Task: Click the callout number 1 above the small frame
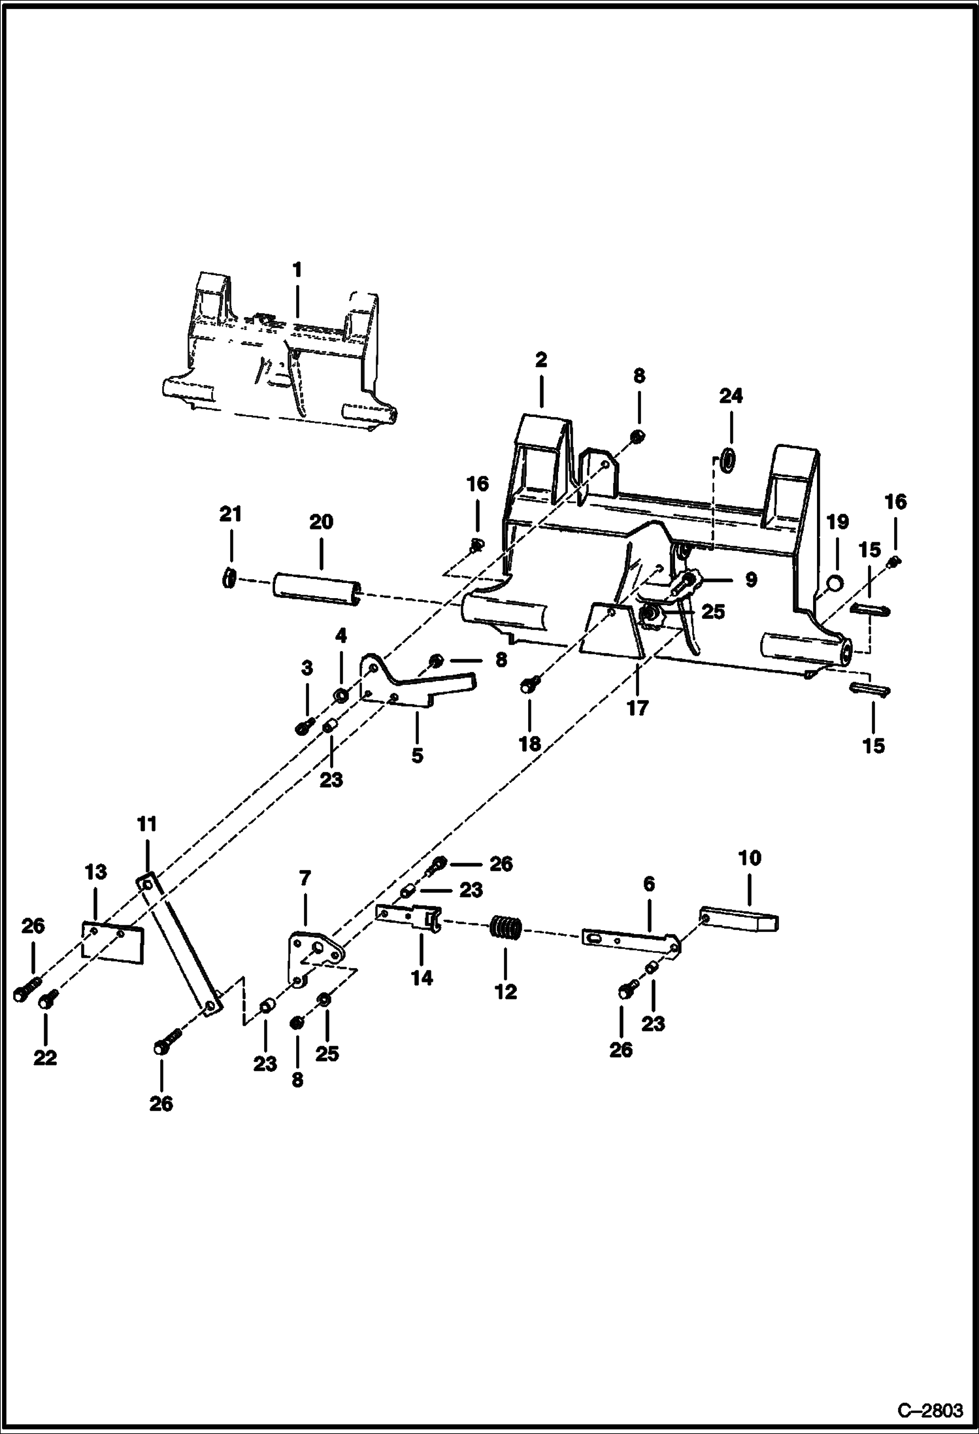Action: (x=297, y=270)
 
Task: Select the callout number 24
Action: (x=731, y=396)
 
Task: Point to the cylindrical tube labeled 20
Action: (x=318, y=582)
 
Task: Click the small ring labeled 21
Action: (x=228, y=578)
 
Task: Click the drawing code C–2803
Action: (x=930, y=1410)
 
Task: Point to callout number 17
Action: (x=637, y=707)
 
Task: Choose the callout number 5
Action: (x=417, y=756)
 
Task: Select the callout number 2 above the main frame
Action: (x=540, y=360)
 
